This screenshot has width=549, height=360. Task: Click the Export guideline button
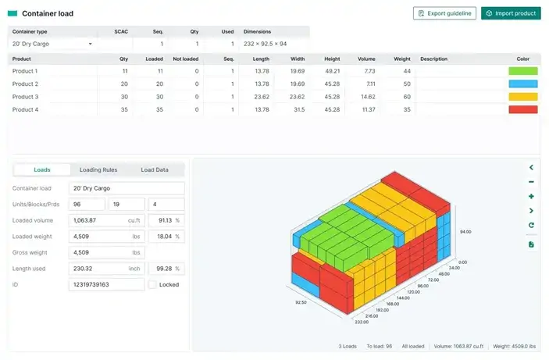[444, 13]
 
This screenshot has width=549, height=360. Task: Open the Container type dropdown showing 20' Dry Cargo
[52, 44]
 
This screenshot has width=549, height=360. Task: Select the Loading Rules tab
[98, 169]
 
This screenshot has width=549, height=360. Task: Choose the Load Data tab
[154, 169]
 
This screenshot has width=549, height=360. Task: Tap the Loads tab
[42, 169]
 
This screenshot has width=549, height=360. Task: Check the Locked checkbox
[152, 285]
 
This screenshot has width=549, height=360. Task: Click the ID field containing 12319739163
[107, 285]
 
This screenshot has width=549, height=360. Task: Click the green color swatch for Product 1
[522, 71]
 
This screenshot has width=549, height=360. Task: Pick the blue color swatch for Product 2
[522, 84]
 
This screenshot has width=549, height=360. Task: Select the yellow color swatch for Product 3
[522, 97]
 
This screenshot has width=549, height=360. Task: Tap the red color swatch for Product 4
[522, 109]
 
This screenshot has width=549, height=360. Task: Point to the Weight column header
[402, 59]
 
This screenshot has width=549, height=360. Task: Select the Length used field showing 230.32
[107, 269]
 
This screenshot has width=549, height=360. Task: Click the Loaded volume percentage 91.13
[165, 220]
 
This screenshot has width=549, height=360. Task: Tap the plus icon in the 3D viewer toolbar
[531, 196]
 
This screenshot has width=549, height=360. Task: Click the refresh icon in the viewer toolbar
[531, 226]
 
